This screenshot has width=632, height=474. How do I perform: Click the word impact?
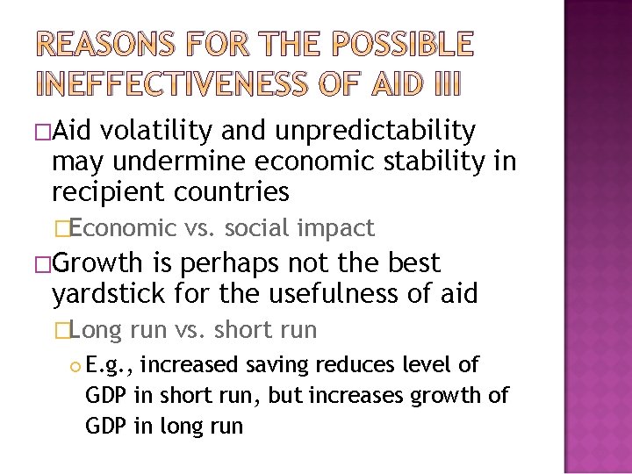(x=337, y=229)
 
